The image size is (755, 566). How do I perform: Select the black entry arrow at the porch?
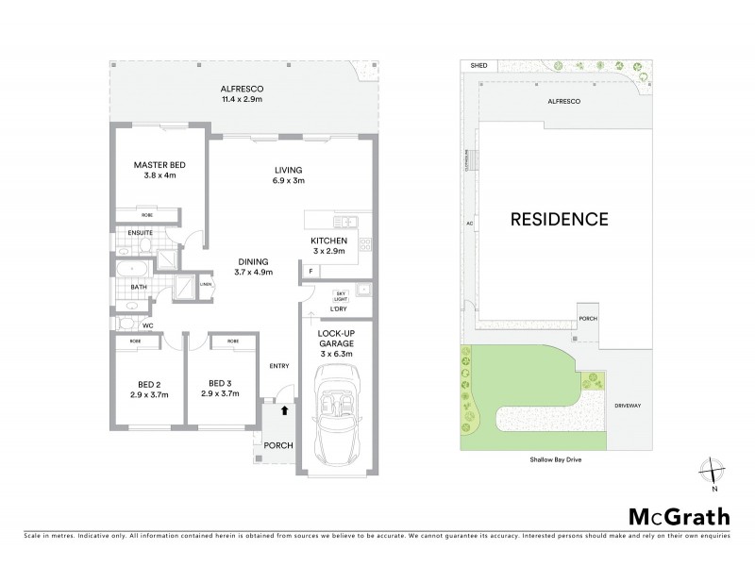(286, 410)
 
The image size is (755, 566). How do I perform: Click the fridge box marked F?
(311, 272)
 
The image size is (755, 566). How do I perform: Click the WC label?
(146, 325)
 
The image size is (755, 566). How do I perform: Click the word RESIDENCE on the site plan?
(559, 219)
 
